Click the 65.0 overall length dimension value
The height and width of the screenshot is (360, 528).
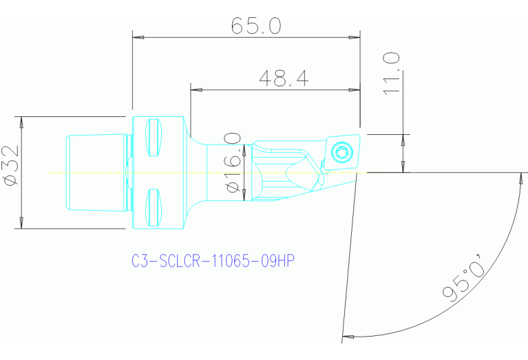point(255,25)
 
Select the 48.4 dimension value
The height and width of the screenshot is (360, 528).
point(284,78)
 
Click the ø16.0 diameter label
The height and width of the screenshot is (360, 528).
point(233,165)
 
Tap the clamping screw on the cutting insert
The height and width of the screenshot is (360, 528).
point(342,151)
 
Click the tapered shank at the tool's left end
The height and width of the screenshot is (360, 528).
point(96,172)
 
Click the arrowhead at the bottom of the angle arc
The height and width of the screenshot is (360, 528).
point(348,337)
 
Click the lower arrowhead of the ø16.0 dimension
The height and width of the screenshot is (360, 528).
point(245,197)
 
